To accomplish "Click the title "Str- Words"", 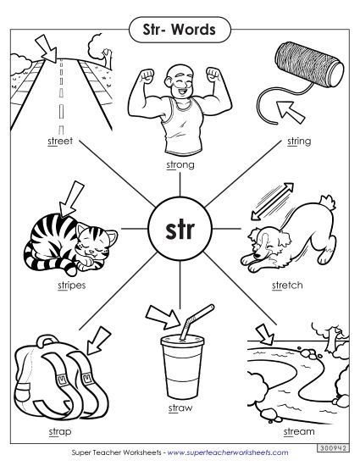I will [x=180, y=31].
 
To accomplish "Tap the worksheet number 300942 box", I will [x=334, y=446].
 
